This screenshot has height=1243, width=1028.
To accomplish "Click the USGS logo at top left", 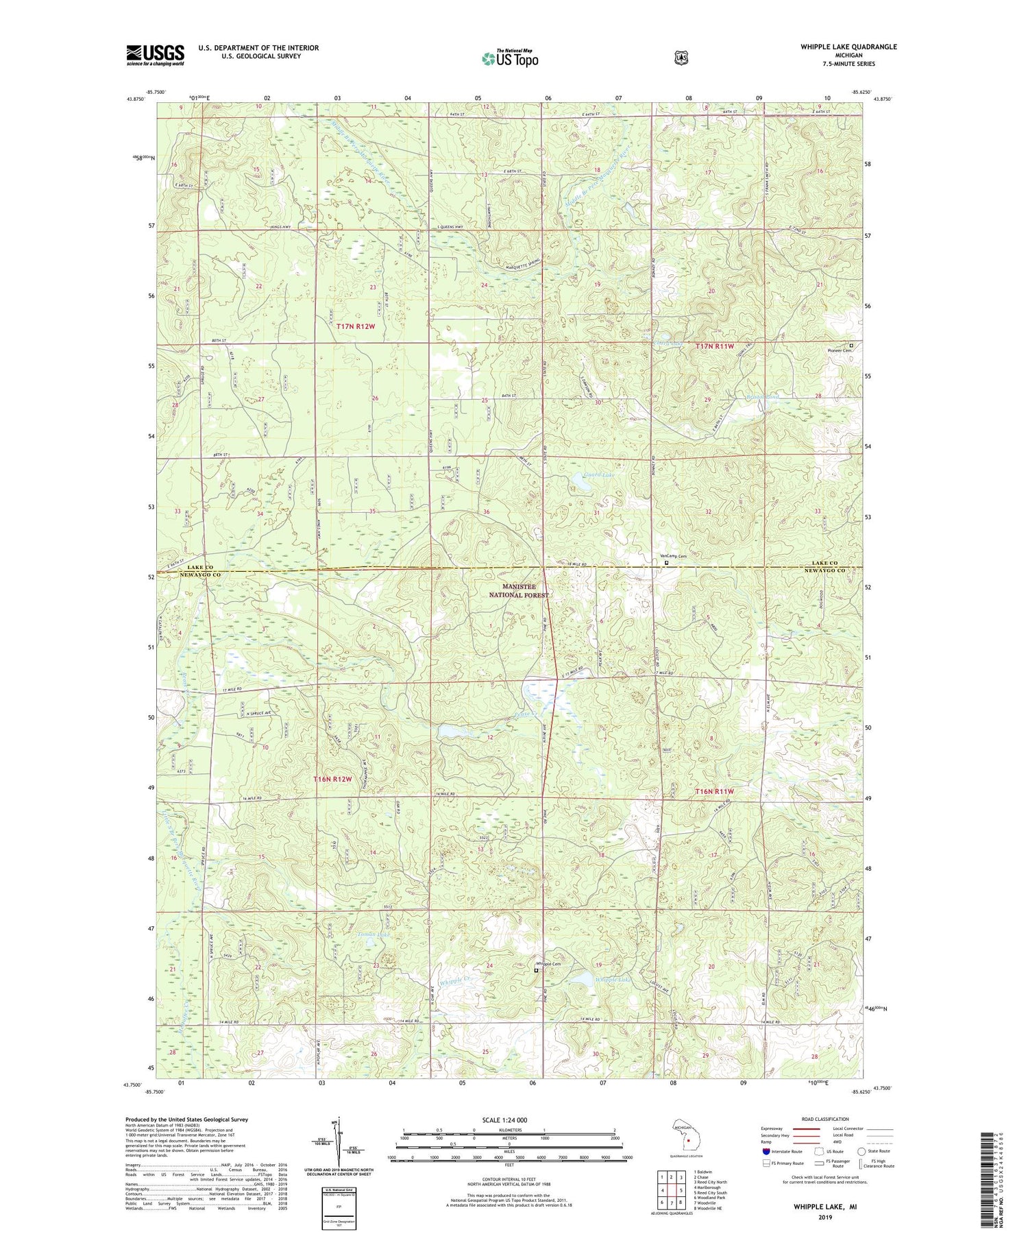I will pyautogui.click(x=155, y=55).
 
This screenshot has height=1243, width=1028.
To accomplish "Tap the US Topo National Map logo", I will pyautogui.click(x=509, y=58).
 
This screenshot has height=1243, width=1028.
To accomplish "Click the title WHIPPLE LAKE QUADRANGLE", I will pyautogui.click(x=848, y=47).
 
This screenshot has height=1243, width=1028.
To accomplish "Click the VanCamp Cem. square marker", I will pyautogui.click(x=667, y=563).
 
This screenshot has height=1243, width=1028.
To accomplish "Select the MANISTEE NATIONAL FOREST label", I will pyautogui.click(x=526, y=591).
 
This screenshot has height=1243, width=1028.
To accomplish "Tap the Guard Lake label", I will pyautogui.click(x=599, y=474).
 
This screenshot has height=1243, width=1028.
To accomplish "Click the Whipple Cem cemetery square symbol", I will pyautogui.click(x=536, y=970).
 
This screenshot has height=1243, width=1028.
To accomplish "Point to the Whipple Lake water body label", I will pyautogui.click(x=611, y=980).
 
